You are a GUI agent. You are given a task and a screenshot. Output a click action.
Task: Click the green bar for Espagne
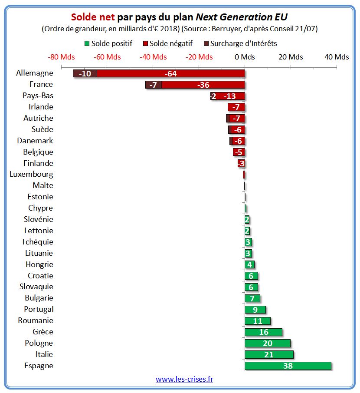[288, 366]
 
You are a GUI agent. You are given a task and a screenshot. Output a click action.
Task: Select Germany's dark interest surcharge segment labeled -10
[85, 73]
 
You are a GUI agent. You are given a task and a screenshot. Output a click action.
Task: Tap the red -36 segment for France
[203, 85]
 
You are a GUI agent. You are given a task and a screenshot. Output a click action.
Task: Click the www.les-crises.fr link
[184, 379]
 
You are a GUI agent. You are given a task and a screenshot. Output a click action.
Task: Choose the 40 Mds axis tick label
[337, 57]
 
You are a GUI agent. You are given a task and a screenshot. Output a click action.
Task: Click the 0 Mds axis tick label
[245, 57]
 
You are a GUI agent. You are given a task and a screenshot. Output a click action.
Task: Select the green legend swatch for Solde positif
[87, 43]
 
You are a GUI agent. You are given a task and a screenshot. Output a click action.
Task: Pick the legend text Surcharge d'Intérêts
[243, 43]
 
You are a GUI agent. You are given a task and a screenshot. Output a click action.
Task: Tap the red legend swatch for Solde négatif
[145, 43]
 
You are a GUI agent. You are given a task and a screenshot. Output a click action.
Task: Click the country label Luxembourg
[31, 175]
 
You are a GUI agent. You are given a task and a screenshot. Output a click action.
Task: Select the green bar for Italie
[269, 354]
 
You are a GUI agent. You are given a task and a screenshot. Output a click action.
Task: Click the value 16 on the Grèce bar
[263, 332]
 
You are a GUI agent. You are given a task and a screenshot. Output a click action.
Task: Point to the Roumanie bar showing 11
[258, 321]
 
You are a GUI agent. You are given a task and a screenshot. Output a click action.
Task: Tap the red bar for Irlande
[236, 107]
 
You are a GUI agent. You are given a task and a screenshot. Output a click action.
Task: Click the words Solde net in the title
[93, 17]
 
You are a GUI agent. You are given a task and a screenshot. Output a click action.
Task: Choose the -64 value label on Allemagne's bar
[170, 73]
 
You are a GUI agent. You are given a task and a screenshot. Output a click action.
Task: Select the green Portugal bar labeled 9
[255, 310]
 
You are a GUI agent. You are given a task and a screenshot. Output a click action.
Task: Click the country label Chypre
[40, 208]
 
